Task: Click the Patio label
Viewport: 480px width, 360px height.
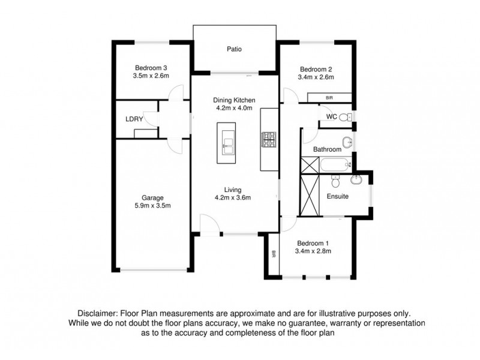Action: (x=235, y=50)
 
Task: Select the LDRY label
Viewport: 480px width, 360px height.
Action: (x=134, y=119)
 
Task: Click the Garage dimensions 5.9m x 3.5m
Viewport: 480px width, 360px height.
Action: (x=152, y=206)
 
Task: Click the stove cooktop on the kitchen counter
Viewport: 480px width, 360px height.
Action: (x=268, y=139)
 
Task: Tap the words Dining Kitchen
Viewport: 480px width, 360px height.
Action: (x=235, y=100)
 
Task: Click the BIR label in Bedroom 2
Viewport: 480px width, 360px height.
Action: (x=329, y=97)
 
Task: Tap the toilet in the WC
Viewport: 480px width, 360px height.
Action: (x=344, y=117)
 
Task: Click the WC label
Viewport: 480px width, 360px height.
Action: (x=331, y=116)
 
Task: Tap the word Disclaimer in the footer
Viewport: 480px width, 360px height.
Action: (x=98, y=314)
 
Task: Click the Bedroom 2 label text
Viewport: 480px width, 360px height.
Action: (x=316, y=68)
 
